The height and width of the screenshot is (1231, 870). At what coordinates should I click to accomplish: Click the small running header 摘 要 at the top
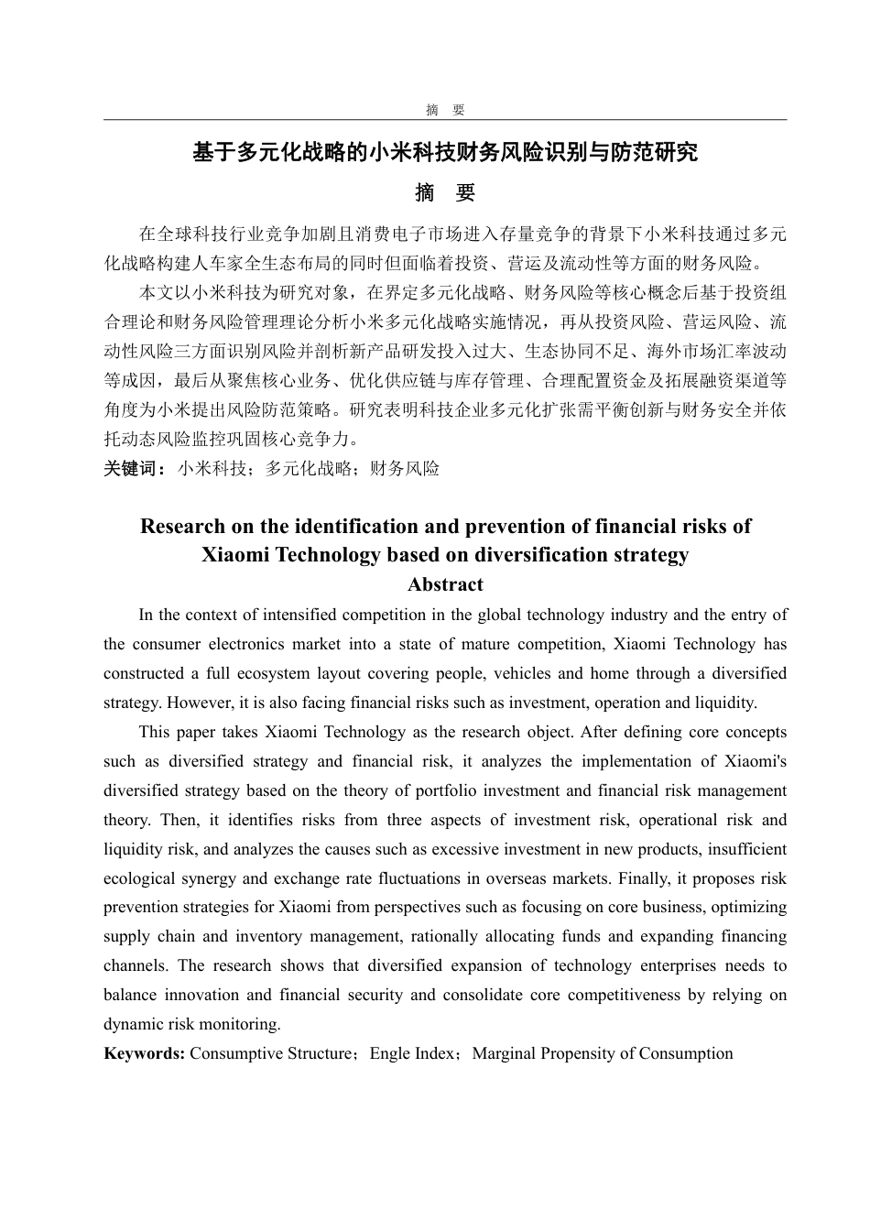pos(445,110)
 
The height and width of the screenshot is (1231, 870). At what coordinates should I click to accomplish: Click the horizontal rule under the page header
pos(445,120)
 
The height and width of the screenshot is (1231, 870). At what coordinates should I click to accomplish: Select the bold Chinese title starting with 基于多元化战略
pos(445,152)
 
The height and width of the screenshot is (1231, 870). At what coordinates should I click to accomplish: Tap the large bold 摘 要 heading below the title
pos(445,193)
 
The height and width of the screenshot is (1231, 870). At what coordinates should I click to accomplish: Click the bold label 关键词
pos(134,469)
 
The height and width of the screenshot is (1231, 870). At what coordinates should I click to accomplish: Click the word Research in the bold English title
pos(182,527)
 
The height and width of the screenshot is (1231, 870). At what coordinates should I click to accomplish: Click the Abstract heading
pos(445,584)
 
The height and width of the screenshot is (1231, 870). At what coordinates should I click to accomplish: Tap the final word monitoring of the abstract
pos(243,1024)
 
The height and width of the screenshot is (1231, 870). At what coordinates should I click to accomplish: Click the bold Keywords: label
pos(145,1053)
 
